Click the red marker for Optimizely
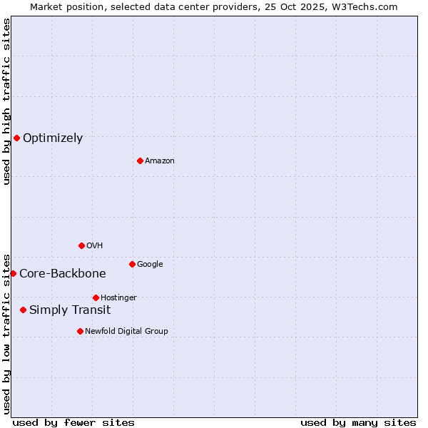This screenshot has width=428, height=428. pyautogui.click(x=16, y=138)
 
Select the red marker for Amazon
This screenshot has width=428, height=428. pyautogui.click(x=140, y=160)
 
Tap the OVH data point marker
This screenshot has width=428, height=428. pyautogui.click(x=81, y=245)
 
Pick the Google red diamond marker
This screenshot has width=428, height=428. pyautogui.click(x=132, y=264)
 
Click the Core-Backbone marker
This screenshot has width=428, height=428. pyautogui.click(x=13, y=273)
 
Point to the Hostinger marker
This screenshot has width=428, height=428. pyautogui.click(x=96, y=297)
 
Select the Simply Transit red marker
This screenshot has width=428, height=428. pyautogui.click(x=24, y=310)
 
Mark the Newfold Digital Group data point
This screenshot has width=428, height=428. pyautogui.click(x=80, y=331)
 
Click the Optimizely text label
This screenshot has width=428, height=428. pyautogui.click(x=53, y=138)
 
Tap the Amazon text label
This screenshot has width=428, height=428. pyautogui.click(x=160, y=161)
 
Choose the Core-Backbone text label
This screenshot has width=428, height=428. pyautogui.click(x=63, y=274)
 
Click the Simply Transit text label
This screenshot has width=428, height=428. pyautogui.click(x=70, y=310)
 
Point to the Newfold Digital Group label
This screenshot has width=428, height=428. pyautogui.click(x=126, y=332)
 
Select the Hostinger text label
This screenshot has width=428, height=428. pyautogui.click(x=118, y=298)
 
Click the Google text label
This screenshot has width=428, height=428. pyautogui.click(x=150, y=265)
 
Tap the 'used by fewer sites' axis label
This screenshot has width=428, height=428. pyautogui.click(x=73, y=422)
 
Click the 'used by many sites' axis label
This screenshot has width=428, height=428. pyautogui.click(x=358, y=422)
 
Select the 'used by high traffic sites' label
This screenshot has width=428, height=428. pyautogui.click(x=7, y=101)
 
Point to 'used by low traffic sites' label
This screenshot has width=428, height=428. pyautogui.click(x=7, y=333)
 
